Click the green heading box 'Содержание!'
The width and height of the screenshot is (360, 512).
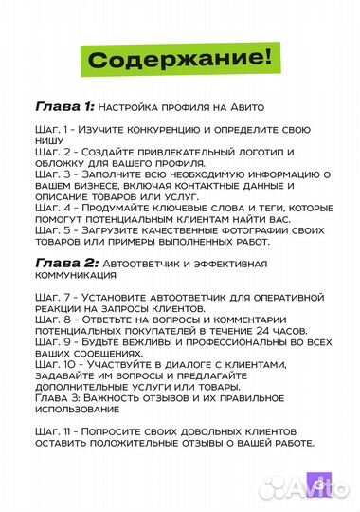pos(179,58)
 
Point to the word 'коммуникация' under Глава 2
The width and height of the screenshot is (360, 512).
pos(76,275)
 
